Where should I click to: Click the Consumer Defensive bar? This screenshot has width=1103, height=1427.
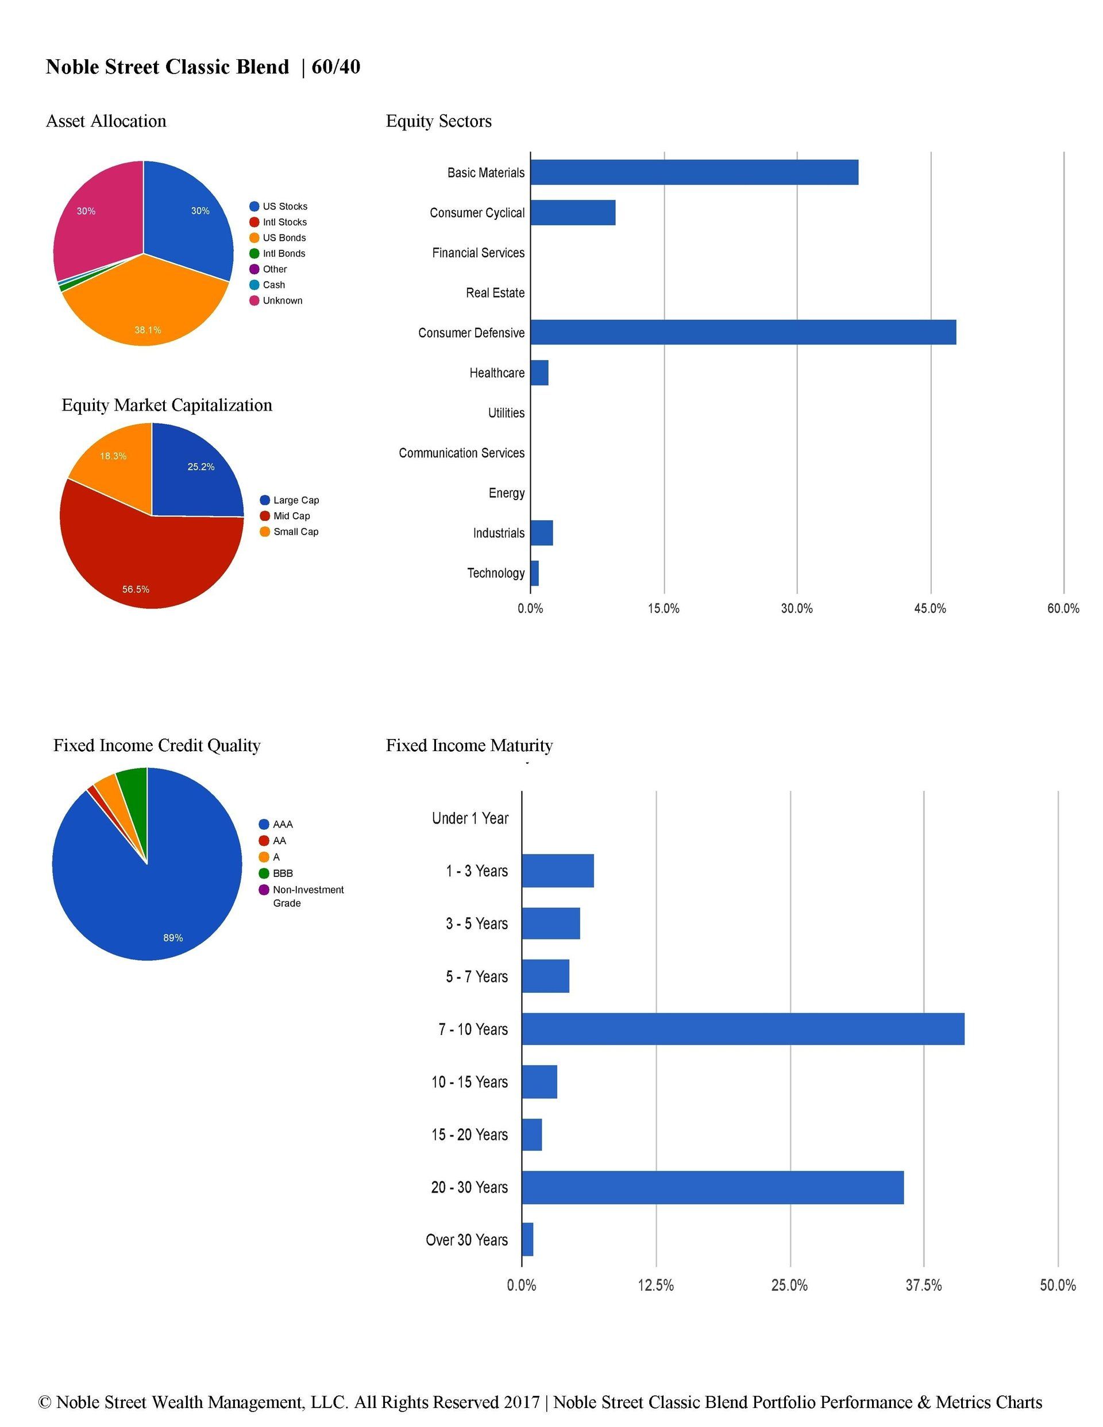pos(743,332)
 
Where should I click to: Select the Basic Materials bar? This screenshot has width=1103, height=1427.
pos(694,172)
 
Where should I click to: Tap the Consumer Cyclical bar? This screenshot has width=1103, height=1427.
pos(573,212)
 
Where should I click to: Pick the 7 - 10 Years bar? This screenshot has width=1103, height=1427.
pos(743,1029)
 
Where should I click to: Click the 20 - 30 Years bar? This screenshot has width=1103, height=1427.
pos(713,1187)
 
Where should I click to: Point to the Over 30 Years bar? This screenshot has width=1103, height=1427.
pos(527,1239)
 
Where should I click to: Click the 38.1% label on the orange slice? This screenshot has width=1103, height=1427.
pos(148,330)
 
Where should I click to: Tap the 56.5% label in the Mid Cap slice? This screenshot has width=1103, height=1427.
pos(136,589)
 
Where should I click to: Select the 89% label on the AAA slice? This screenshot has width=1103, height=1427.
pos(172,938)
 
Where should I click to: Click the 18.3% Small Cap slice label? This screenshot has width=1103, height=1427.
pos(113,456)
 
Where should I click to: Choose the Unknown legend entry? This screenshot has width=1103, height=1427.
pos(276,300)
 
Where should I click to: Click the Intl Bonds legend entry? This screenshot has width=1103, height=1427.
pos(277,253)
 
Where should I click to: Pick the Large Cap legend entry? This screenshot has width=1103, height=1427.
pos(290,500)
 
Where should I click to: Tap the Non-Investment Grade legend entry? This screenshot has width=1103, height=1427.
pos(302,896)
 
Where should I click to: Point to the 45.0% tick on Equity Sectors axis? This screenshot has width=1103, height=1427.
pos(930,608)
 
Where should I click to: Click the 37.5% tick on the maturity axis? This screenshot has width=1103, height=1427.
pos(923,1285)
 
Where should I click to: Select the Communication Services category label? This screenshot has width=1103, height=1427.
pos(462,453)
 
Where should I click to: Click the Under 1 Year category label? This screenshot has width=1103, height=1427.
pos(470,818)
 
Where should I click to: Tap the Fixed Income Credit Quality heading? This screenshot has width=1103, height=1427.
pos(157,745)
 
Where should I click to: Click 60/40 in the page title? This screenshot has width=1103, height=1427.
pos(336,67)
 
